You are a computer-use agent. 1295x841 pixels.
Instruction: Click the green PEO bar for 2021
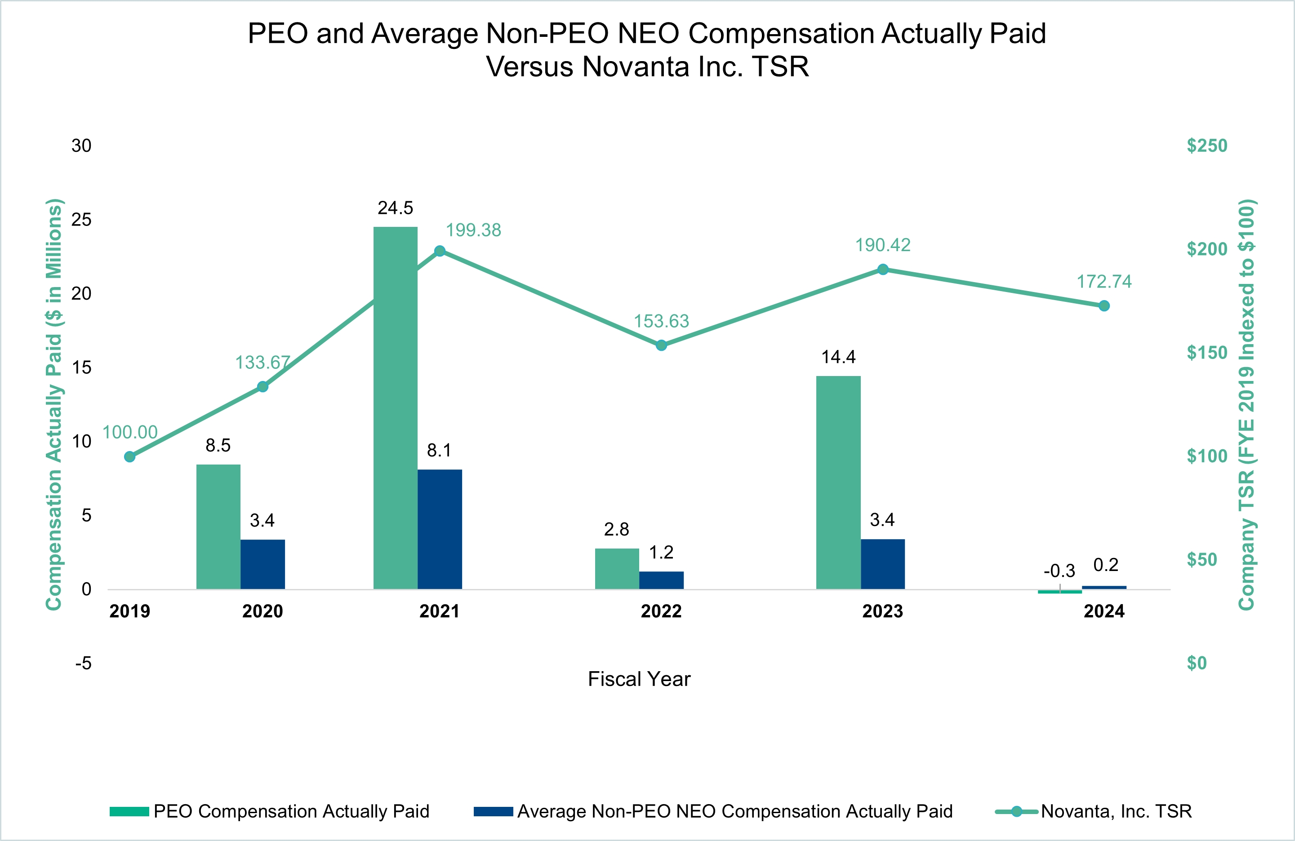click(x=395, y=408)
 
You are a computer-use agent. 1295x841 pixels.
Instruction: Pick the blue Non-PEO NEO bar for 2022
click(x=661, y=580)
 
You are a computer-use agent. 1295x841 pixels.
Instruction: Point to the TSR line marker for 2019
click(x=129, y=456)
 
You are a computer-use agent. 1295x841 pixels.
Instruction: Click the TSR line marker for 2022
click(x=661, y=345)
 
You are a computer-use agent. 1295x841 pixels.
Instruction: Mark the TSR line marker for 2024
click(x=1104, y=306)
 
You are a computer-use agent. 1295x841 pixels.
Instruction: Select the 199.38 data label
click(x=473, y=230)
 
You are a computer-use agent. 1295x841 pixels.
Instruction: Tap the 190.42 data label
click(x=882, y=245)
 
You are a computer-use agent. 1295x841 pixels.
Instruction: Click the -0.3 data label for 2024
click(x=1059, y=571)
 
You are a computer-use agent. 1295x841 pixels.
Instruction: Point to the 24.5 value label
click(x=396, y=208)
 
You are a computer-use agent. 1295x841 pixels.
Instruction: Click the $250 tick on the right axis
click(x=1207, y=146)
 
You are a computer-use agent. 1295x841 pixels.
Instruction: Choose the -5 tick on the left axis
click(x=83, y=663)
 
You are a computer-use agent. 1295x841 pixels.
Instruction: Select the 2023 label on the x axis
click(x=882, y=611)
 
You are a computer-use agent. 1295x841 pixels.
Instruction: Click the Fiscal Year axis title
click(x=639, y=679)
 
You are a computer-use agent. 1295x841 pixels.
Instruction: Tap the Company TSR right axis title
click(x=1246, y=405)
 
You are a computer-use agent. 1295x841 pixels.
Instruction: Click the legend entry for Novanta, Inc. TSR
click(x=1116, y=811)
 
